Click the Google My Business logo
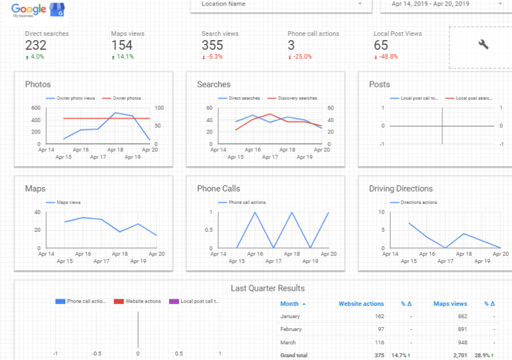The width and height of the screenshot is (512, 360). [x=37, y=9]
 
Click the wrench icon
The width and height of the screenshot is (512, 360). [x=483, y=45]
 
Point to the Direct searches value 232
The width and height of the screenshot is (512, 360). [x=36, y=45]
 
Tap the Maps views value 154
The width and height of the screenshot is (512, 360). [x=122, y=45]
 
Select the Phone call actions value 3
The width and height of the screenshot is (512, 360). [x=291, y=45]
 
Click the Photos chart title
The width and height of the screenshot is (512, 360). [x=38, y=84]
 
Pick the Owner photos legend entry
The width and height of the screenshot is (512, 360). [x=127, y=98]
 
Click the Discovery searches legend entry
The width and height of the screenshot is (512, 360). [x=297, y=98]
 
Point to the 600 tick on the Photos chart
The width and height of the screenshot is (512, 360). [x=36, y=108]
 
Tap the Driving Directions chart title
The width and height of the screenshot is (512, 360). [x=400, y=189]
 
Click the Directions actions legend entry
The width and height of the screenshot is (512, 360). [x=418, y=203]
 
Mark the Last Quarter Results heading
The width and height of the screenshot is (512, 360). [x=268, y=288]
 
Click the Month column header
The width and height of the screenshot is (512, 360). [x=289, y=304]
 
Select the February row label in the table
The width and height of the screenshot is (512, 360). [x=291, y=329]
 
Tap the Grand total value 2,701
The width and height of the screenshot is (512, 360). [x=457, y=355]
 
